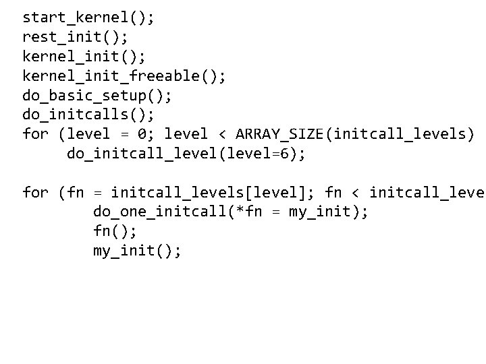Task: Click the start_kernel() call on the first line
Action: pos(88,17)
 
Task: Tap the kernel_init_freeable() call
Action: pos(124,75)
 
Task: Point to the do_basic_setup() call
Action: pos(97,95)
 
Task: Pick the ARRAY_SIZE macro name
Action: pos(280,134)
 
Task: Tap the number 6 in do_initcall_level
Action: pos(285,154)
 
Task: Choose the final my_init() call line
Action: pos(137,251)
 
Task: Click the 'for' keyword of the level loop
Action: pos(36,134)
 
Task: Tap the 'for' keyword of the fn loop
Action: pos(36,193)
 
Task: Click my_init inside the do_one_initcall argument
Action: pos(319,212)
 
